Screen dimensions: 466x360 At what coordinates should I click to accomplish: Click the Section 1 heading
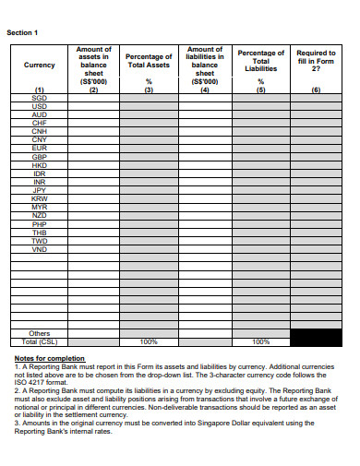[23, 31]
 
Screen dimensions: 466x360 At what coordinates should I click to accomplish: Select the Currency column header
[39, 66]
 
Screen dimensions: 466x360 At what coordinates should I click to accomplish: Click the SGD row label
[39, 97]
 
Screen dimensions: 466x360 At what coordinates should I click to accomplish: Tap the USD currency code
[39, 106]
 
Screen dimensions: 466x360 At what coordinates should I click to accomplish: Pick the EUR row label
[39, 148]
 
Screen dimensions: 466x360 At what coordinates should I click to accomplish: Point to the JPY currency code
[39, 190]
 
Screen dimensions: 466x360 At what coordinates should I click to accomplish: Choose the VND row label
[39, 249]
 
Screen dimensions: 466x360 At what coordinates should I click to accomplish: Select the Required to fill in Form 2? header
[316, 61]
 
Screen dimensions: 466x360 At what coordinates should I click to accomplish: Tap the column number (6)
[316, 90]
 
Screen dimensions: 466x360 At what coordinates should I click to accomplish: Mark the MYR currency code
[39, 207]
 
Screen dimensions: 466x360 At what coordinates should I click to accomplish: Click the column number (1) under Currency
[39, 90]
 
